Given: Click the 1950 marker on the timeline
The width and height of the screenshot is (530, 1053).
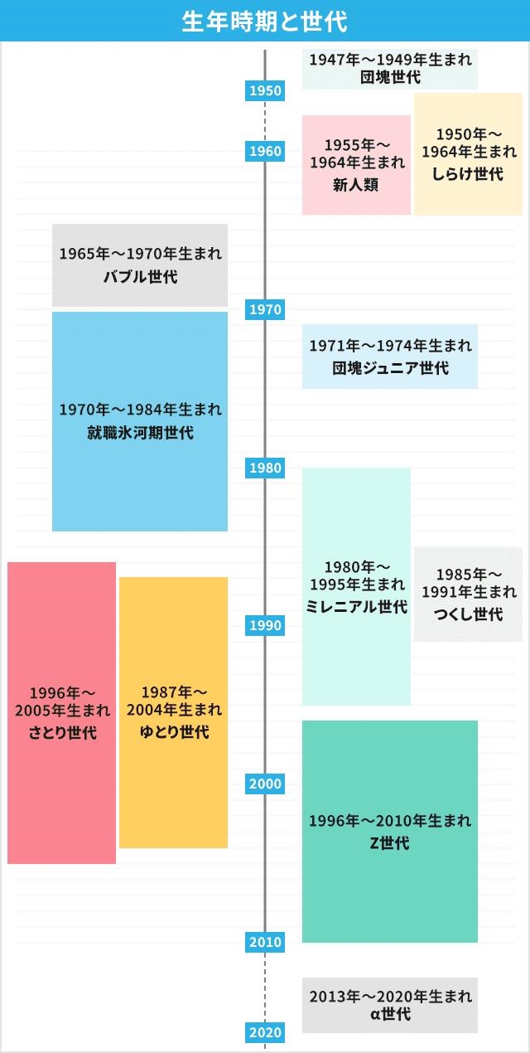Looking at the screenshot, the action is [x=265, y=90].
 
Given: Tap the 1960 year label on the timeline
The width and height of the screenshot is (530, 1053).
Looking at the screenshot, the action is [x=265, y=151].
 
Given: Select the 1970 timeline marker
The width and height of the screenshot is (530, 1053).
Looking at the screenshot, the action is [x=265, y=309].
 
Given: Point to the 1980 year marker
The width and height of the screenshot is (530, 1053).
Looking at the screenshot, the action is [x=265, y=468].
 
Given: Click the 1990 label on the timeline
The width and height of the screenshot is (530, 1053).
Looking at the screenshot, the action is [x=265, y=625].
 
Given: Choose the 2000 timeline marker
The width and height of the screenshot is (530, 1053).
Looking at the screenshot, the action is [x=265, y=784].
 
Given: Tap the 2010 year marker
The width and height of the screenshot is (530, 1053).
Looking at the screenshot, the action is [x=265, y=942].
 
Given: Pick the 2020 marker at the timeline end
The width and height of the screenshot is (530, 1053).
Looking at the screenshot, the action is [x=265, y=1032].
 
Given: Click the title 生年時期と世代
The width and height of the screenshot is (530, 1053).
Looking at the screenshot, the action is [x=265, y=22].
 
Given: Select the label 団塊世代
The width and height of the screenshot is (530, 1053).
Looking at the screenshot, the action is [x=390, y=77].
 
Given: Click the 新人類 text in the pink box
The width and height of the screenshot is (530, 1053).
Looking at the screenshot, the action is [x=356, y=185].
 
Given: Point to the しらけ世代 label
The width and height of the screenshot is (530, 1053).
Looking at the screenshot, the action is [x=468, y=174].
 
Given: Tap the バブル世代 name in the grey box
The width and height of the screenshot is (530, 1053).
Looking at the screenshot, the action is [x=140, y=276].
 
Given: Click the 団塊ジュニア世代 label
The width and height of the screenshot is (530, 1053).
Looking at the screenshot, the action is [x=390, y=368].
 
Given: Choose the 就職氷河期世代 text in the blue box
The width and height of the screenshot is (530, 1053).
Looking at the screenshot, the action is [x=140, y=433].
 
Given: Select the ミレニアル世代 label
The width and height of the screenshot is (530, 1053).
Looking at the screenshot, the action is [x=356, y=606].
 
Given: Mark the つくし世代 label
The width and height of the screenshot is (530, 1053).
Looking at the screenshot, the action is [x=468, y=614].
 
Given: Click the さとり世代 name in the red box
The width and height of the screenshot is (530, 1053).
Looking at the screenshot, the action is [x=62, y=732].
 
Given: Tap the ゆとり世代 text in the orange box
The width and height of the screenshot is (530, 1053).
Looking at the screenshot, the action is [x=174, y=731].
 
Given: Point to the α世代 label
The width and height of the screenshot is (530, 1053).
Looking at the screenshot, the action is [x=390, y=1014].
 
